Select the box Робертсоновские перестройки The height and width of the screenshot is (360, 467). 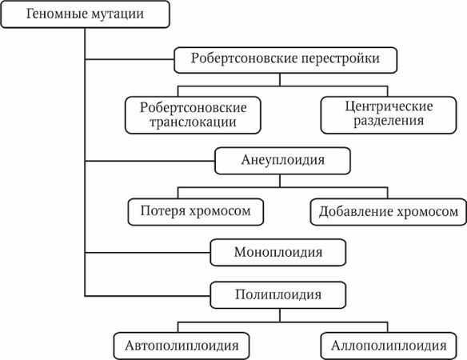point(284,58)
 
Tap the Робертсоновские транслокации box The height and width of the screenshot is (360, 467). point(192,115)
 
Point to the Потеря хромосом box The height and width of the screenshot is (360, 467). point(196,211)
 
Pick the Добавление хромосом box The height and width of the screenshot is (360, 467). point(389,211)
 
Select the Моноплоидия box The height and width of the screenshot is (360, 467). point(277,253)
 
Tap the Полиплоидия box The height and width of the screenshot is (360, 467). point(277,294)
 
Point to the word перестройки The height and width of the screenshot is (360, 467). point(340,58)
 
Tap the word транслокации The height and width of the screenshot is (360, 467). point(192,123)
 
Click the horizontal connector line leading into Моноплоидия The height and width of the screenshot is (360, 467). point(148,253)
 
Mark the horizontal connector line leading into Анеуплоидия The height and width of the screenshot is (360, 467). point(150,160)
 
